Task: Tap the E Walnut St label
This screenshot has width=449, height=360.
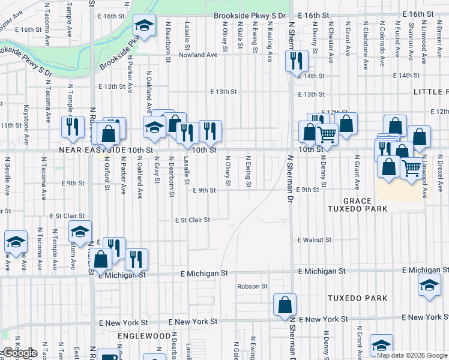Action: pyautogui.click(x=315, y=240)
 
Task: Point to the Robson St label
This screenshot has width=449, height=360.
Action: pyautogui.click(x=252, y=286)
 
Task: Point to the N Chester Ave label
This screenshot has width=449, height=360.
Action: pyautogui.click(x=330, y=42)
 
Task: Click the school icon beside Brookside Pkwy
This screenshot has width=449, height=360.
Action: pyautogui.click(x=143, y=25)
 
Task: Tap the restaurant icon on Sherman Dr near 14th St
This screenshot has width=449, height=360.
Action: pyautogui.click(x=296, y=61)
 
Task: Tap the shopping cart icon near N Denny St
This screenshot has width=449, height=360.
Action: pyautogui.click(x=327, y=134)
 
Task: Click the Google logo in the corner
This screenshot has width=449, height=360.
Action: pyautogui.click(x=19, y=353)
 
